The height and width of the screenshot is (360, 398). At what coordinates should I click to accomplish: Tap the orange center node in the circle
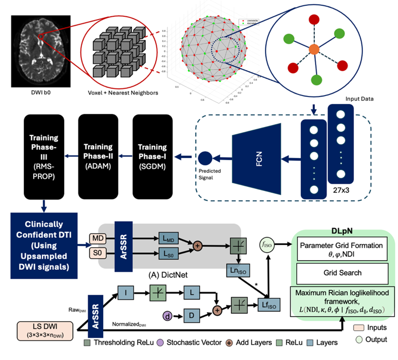(313, 49)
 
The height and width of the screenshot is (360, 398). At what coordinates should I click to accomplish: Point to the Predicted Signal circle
(205, 157)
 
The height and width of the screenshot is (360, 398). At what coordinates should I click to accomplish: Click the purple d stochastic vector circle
(166, 316)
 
